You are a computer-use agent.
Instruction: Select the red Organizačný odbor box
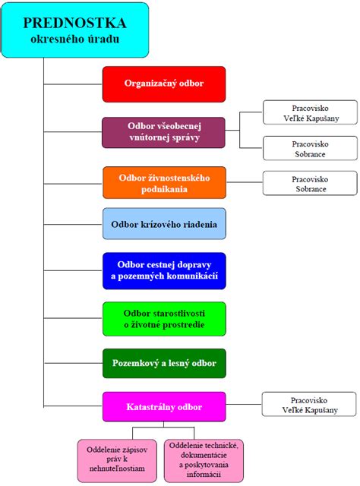(x=164, y=84)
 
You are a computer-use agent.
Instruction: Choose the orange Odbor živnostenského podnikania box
(x=164, y=182)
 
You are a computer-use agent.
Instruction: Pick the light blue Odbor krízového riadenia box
(x=164, y=225)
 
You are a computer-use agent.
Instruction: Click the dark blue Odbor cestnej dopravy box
(x=164, y=270)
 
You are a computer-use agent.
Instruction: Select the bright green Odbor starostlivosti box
(x=164, y=318)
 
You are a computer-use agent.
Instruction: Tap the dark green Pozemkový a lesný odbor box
(x=164, y=363)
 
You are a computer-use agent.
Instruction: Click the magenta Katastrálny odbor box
(x=164, y=407)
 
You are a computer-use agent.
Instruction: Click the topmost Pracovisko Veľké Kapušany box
(x=309, y=113)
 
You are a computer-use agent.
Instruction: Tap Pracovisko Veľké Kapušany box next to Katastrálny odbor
(x=309, y=405)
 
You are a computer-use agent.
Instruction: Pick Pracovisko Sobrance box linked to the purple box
(x=309, y=148)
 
